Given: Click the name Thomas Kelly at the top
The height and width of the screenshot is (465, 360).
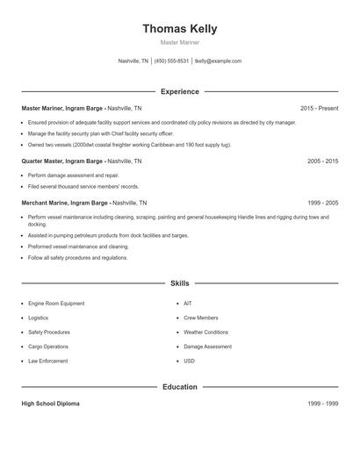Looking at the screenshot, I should [x=179, y=29].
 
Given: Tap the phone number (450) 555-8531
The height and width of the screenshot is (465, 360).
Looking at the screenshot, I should [x=172, y=61].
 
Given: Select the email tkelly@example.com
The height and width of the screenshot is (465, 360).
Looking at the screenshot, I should [x=218, y=61].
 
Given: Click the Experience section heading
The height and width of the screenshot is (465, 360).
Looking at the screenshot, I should [x=179, y=91].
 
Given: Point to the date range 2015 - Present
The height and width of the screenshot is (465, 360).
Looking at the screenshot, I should [x=319, y=108].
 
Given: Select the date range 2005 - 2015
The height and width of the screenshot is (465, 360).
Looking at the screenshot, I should [x=322, y=161].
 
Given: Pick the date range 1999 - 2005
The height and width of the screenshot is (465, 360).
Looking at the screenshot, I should [x=322, y=203].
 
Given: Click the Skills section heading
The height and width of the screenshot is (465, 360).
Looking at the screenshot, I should [x=179, y=283].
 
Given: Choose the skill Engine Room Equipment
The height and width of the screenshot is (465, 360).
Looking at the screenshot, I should [x=56, y=304].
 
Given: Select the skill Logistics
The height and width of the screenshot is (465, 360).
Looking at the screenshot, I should [x=38, y=318].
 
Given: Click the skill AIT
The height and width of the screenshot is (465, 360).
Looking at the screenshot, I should [x=188, y=304].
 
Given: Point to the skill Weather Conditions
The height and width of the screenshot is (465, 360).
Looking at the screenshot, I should [x=206, y=333].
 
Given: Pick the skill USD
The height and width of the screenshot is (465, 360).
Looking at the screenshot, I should [x=189, y=361].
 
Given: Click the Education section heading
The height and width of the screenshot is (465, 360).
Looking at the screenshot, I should [x=179, y=386].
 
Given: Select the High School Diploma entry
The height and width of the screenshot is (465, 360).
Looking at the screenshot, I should [x=50, y=404].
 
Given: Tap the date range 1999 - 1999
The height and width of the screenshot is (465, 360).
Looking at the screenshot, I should [x=322, y=404].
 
